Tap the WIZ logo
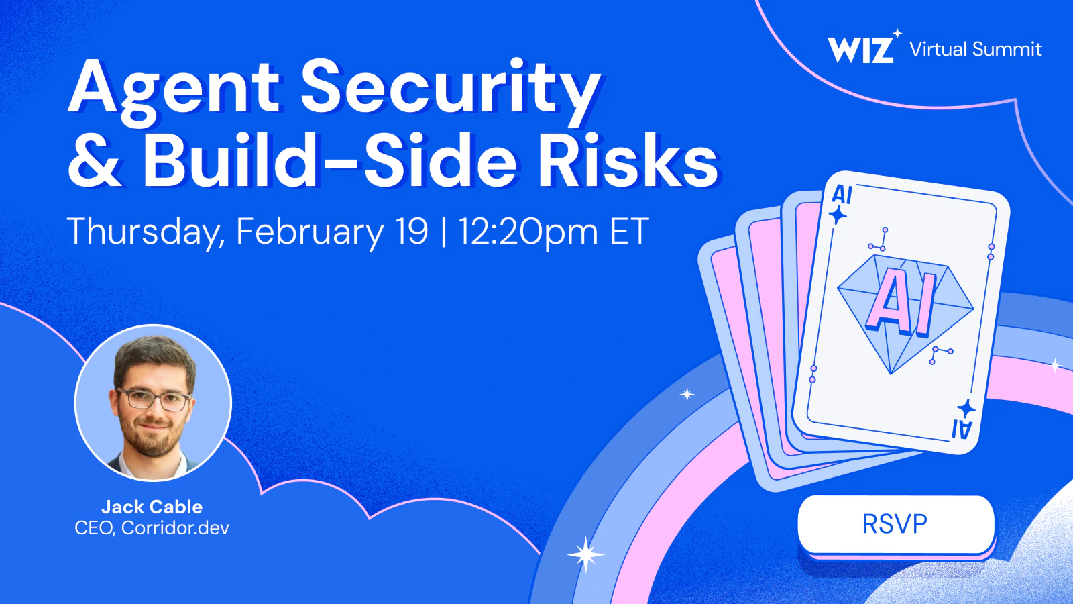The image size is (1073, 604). coord(861,50)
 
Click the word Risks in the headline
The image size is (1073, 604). coord(628,160)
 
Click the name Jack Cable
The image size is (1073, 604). coord(152,507)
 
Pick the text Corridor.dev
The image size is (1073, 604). coord(175,527)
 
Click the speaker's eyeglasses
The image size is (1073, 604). coord(154,399)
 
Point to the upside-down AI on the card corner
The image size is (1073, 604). coord(962,430)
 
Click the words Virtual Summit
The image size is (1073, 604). coord(975,50)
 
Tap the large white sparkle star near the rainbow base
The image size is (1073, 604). coord(585,554)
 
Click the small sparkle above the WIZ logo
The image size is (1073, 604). coord(898,33)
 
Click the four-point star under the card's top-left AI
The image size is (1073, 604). coord(838,215)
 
